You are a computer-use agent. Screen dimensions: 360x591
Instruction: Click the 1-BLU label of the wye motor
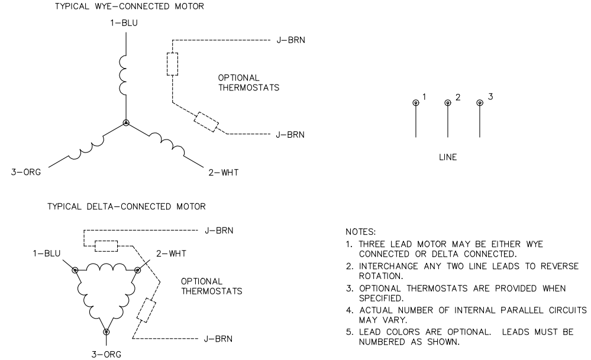(x=126, y=24)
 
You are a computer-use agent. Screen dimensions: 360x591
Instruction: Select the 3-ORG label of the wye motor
(x=25, y=173)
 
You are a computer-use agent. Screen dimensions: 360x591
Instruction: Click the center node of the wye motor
(x=126, y=124)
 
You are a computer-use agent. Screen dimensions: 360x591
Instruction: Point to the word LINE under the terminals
(x=447, y=158)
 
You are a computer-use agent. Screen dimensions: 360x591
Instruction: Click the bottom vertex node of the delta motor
(x=106, y=332)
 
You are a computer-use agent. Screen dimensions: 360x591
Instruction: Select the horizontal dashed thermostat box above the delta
(x=106, y=245)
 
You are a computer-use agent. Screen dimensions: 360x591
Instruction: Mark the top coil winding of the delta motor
(x=106, y=267)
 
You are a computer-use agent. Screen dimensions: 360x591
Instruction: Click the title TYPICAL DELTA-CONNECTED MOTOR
(x=124, y=206)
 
